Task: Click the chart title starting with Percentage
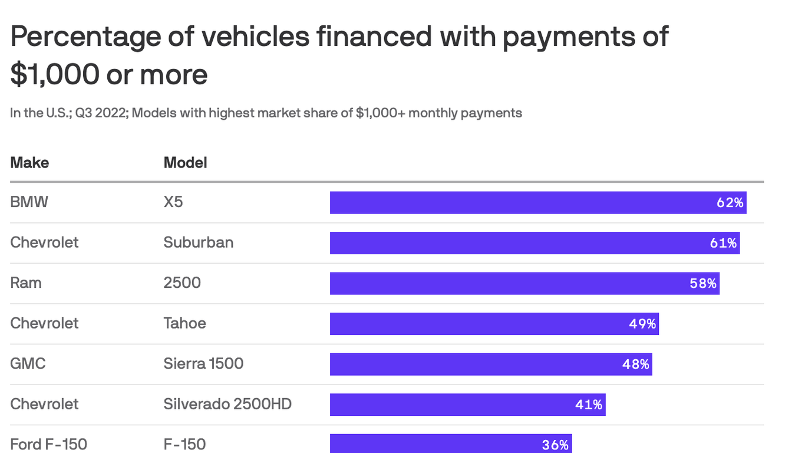click(x=339, y=55)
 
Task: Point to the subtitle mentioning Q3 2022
click(x=266, y=113)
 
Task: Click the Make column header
click(x=29, y=162)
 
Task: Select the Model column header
click(x=185, y=162)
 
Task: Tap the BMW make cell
click(x=29, y=202)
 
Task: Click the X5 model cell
click(x=173, y=202)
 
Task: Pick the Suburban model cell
click(x=198, y=242)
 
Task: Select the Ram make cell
click(x=26, y=283)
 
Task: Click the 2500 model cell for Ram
click(x=182, y=283)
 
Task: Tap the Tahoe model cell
click(x=184, y=323)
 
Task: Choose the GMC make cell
click(x=28, y=363)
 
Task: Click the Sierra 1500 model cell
click(x=203, y=363)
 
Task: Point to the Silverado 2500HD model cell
click(x=227, y=404)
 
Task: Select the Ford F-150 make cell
click(x=48, y=444)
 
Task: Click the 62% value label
click(x=730, y=203)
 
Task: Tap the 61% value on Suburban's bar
click(x=723, y=243)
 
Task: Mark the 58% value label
click(x=703, y=284)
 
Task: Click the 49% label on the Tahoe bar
click(x=642, y=324)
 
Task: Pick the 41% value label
click(x=589, y=405)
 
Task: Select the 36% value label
click(x=555, y=445)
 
